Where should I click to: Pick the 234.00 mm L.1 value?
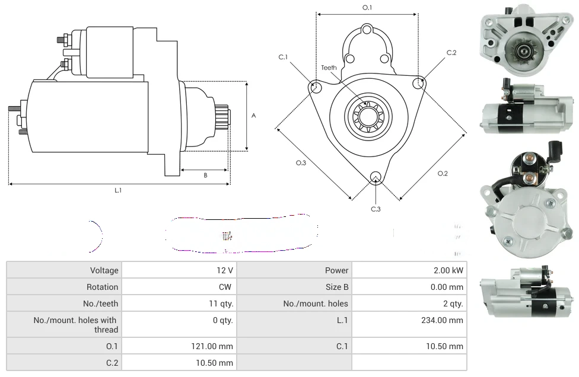tap(439, 320)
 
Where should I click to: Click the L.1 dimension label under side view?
tap(118, 190)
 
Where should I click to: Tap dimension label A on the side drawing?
tap(253, 116)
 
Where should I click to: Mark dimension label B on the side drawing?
tap(205, 175)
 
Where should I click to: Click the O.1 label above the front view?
tap(367, 8)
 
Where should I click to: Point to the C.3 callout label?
tap(376, 209)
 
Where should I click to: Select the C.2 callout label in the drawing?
tap(451, 53)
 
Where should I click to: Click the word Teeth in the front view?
tap(329, 68)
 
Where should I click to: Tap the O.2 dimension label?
tap(443, 173)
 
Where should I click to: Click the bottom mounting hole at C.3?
tap(375, 177)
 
